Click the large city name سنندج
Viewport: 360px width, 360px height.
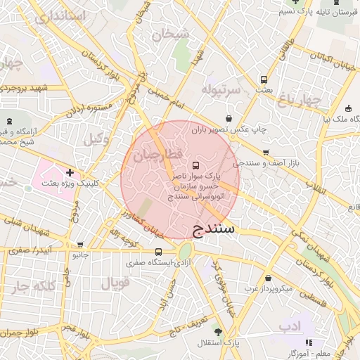(217, 229)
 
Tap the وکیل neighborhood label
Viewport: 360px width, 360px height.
(97, 139)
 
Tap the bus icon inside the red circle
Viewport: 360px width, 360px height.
(195, 165)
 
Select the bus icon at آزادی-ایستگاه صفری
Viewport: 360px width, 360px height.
(158, 252)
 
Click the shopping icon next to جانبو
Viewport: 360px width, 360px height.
(80, 245)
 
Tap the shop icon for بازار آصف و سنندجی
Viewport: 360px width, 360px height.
(266, 153)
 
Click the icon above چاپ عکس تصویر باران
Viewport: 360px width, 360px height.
(229, 119)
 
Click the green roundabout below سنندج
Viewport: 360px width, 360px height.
(185, 251)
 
